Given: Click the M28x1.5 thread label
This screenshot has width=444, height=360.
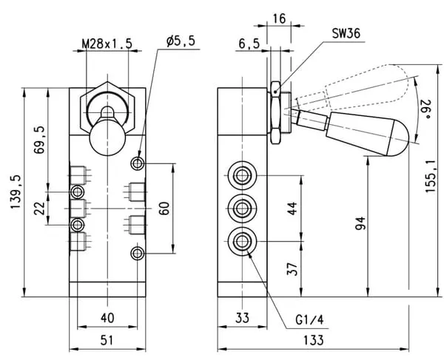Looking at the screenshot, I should [106, 43].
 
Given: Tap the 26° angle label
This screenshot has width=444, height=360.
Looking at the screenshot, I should [425, 109].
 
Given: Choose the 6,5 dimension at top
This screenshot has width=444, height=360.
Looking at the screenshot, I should [249, 44].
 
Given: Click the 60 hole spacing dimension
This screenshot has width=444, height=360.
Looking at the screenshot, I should [165, 208].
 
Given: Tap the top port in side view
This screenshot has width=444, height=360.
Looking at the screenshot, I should [241, 174].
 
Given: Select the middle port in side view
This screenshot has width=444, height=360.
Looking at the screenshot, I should [241, 207].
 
